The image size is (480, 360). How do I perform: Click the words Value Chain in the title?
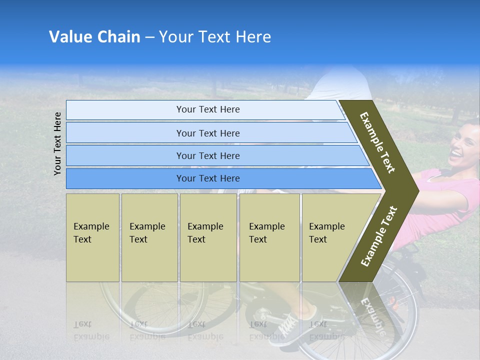(94, 37)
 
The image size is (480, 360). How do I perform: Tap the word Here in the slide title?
(253, 37)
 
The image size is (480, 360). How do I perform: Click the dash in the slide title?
(149, 37)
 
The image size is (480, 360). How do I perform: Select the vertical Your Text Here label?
(57, 143)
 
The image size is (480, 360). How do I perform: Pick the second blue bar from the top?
(208, 133)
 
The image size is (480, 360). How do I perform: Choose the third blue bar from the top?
(208, 155)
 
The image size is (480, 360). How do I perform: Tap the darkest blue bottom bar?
(208, 178)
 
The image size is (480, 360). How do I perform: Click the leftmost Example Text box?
(92, 237)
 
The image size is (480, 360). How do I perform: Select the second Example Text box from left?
(149, 237)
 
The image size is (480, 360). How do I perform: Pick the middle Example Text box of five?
(208, 237)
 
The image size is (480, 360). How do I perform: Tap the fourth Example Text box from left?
(269, 237)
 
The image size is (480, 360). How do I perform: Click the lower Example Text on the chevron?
(379, 236)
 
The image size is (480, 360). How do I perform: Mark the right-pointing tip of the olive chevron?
(417, 190)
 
